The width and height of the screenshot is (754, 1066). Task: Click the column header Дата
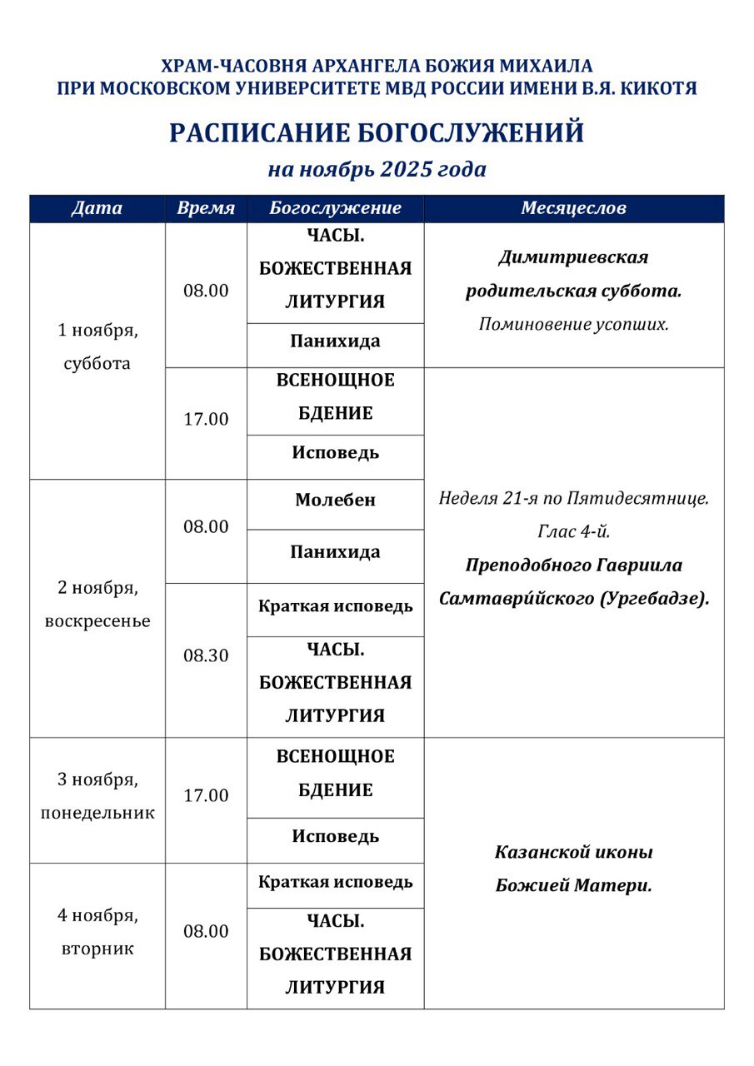[x=97, y=208]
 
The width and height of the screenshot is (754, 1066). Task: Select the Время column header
[x=206, y=208]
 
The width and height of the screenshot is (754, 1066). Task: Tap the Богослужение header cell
[x=335, y=208]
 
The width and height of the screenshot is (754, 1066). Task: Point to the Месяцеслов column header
[x=573, y=208]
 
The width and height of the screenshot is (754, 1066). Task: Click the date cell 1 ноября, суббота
[x=97, y=346]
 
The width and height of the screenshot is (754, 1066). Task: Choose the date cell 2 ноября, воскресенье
[x=97, y=605]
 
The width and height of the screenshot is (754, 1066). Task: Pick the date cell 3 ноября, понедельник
[x=97, y=796]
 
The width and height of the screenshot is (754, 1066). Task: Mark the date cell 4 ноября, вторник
[x=97, y=932]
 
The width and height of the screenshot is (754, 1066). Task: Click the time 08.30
[x=206, y=655]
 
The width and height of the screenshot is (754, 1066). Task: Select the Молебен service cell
[x=335, y=501]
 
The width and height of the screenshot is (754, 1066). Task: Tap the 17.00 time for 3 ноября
[x=206, y=795]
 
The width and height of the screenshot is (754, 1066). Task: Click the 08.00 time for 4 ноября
[x=206, y=931]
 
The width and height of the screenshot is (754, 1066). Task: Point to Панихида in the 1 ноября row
[x=335, y=341]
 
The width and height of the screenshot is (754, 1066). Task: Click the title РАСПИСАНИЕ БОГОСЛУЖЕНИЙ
[x=377, y=133]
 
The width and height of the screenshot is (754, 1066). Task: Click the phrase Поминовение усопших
[x=573, y=324]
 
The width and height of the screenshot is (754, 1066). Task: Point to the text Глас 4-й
[x=573, y=531]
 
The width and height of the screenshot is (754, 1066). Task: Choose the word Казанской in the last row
[x=536, y=853]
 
